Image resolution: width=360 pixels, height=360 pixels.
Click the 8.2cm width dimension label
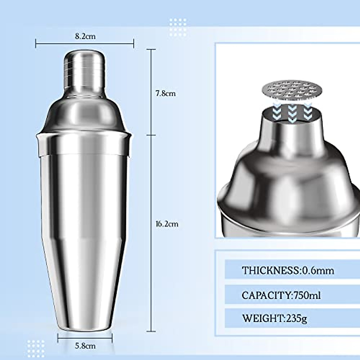pos(85,37)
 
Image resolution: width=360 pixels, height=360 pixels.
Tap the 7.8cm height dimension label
pos(165,93)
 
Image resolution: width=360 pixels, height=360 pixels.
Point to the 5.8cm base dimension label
pos(85,346)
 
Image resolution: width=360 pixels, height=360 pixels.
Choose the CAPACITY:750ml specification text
pos(281,295)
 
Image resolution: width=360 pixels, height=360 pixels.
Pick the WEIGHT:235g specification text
pos(274,318)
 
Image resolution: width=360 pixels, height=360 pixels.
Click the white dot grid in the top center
pos(178,27)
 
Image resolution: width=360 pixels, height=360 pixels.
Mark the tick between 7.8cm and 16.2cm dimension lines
pos(151,135)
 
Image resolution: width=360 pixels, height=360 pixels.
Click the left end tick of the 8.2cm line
pos(36,44)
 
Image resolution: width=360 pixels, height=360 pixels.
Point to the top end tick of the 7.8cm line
pos(151,49)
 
